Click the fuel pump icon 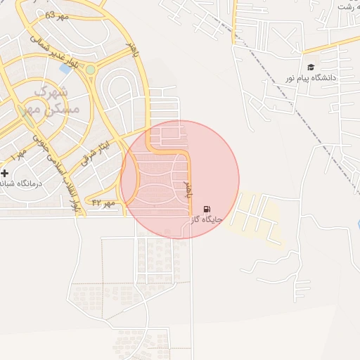coord(206,209)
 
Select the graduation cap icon coord(311,67)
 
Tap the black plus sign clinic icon coord(5,172)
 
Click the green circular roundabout coord(90,70)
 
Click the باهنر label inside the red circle coord(188,188)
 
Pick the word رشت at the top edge coord(345,6)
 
